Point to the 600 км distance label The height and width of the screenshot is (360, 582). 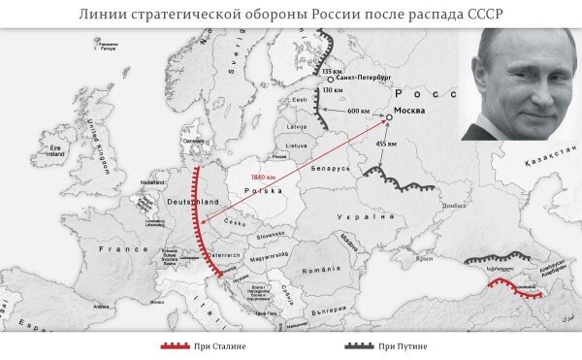click(358, 112)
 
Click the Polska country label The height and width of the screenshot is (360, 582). click(263, 192)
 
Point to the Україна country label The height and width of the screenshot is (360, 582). click(366, 217)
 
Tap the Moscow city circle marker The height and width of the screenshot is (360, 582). click(388, 117)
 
